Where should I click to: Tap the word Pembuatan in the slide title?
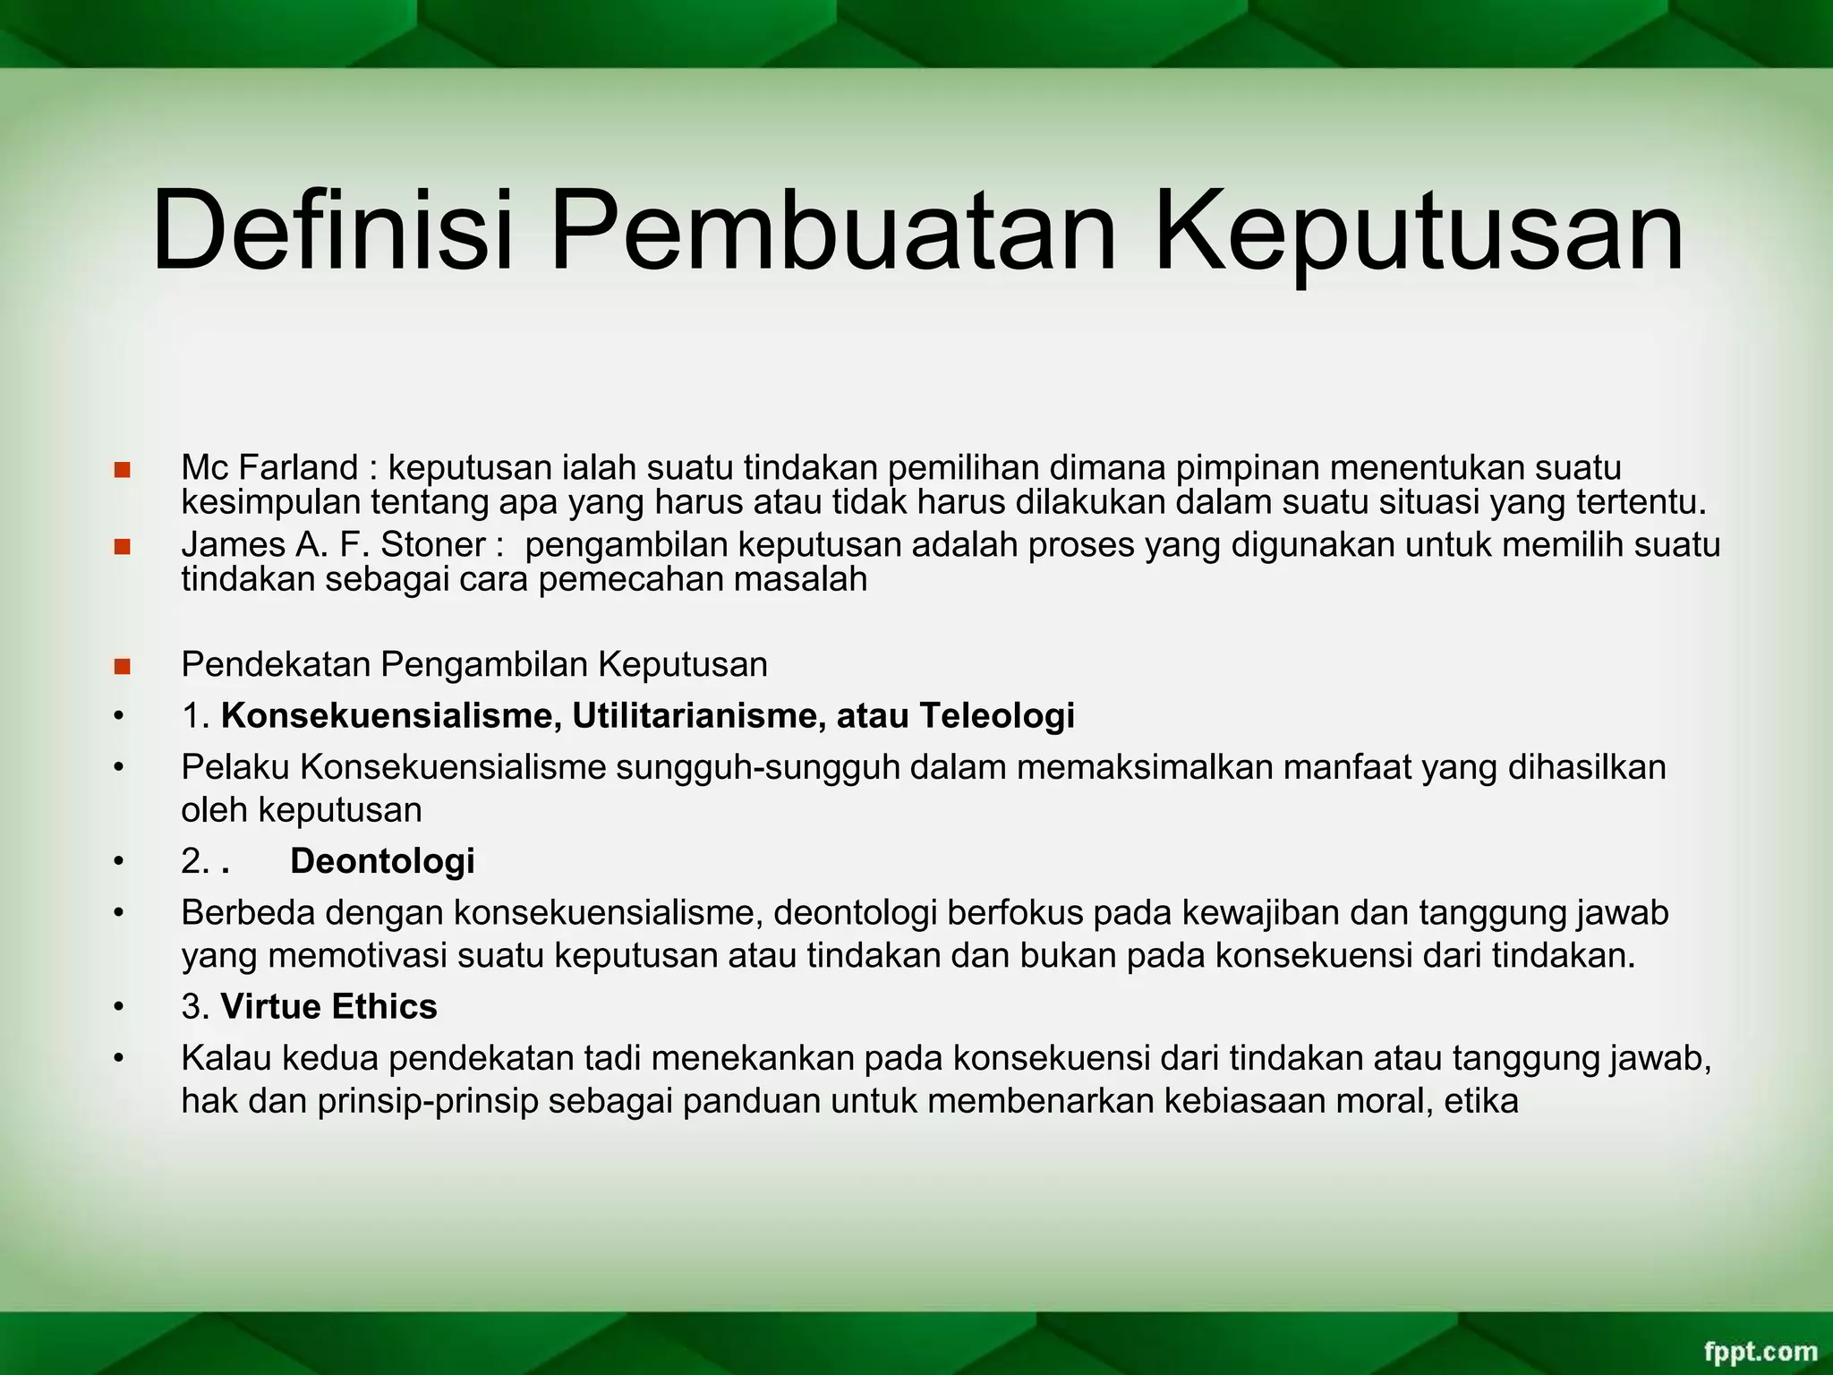(x=832, y=230)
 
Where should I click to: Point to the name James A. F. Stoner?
(x=333, y=544)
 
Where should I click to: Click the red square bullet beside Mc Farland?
(x=123, y=469)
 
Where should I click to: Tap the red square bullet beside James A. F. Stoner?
(x=123, y=546)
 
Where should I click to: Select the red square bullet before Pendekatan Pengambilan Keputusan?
(x=123, y=666)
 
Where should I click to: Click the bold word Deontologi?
(x=382, y=860)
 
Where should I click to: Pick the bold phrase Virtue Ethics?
(x=328, y=1006)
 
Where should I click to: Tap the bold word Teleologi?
(x=996, y=716)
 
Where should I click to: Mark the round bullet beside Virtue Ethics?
(x=117, y=1007)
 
